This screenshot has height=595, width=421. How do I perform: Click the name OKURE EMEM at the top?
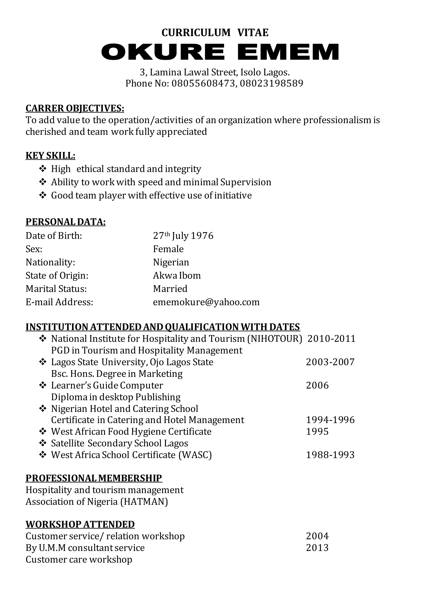[220, 52]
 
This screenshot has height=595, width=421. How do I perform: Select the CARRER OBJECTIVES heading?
[75, 108]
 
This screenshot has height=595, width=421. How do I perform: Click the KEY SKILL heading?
[50, 156]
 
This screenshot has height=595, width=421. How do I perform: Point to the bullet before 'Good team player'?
[43, 195]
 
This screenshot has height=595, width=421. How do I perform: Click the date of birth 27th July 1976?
[183, 236]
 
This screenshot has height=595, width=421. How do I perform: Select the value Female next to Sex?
[168, 249]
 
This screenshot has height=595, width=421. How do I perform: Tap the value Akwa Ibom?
[177, 275]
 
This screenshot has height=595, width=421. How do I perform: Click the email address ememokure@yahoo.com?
[206, 302]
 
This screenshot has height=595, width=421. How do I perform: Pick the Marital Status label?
[56, 288]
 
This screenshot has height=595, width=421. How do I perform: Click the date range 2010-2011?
[331, 339]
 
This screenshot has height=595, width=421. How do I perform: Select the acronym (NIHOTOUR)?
[275, 339]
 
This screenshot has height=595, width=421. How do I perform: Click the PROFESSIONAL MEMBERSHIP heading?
[94, 478]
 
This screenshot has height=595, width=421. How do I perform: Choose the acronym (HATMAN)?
[144, 502]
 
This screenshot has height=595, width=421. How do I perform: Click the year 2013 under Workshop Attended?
[317, 548]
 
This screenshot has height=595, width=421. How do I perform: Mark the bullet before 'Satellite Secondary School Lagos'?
[43, 443]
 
